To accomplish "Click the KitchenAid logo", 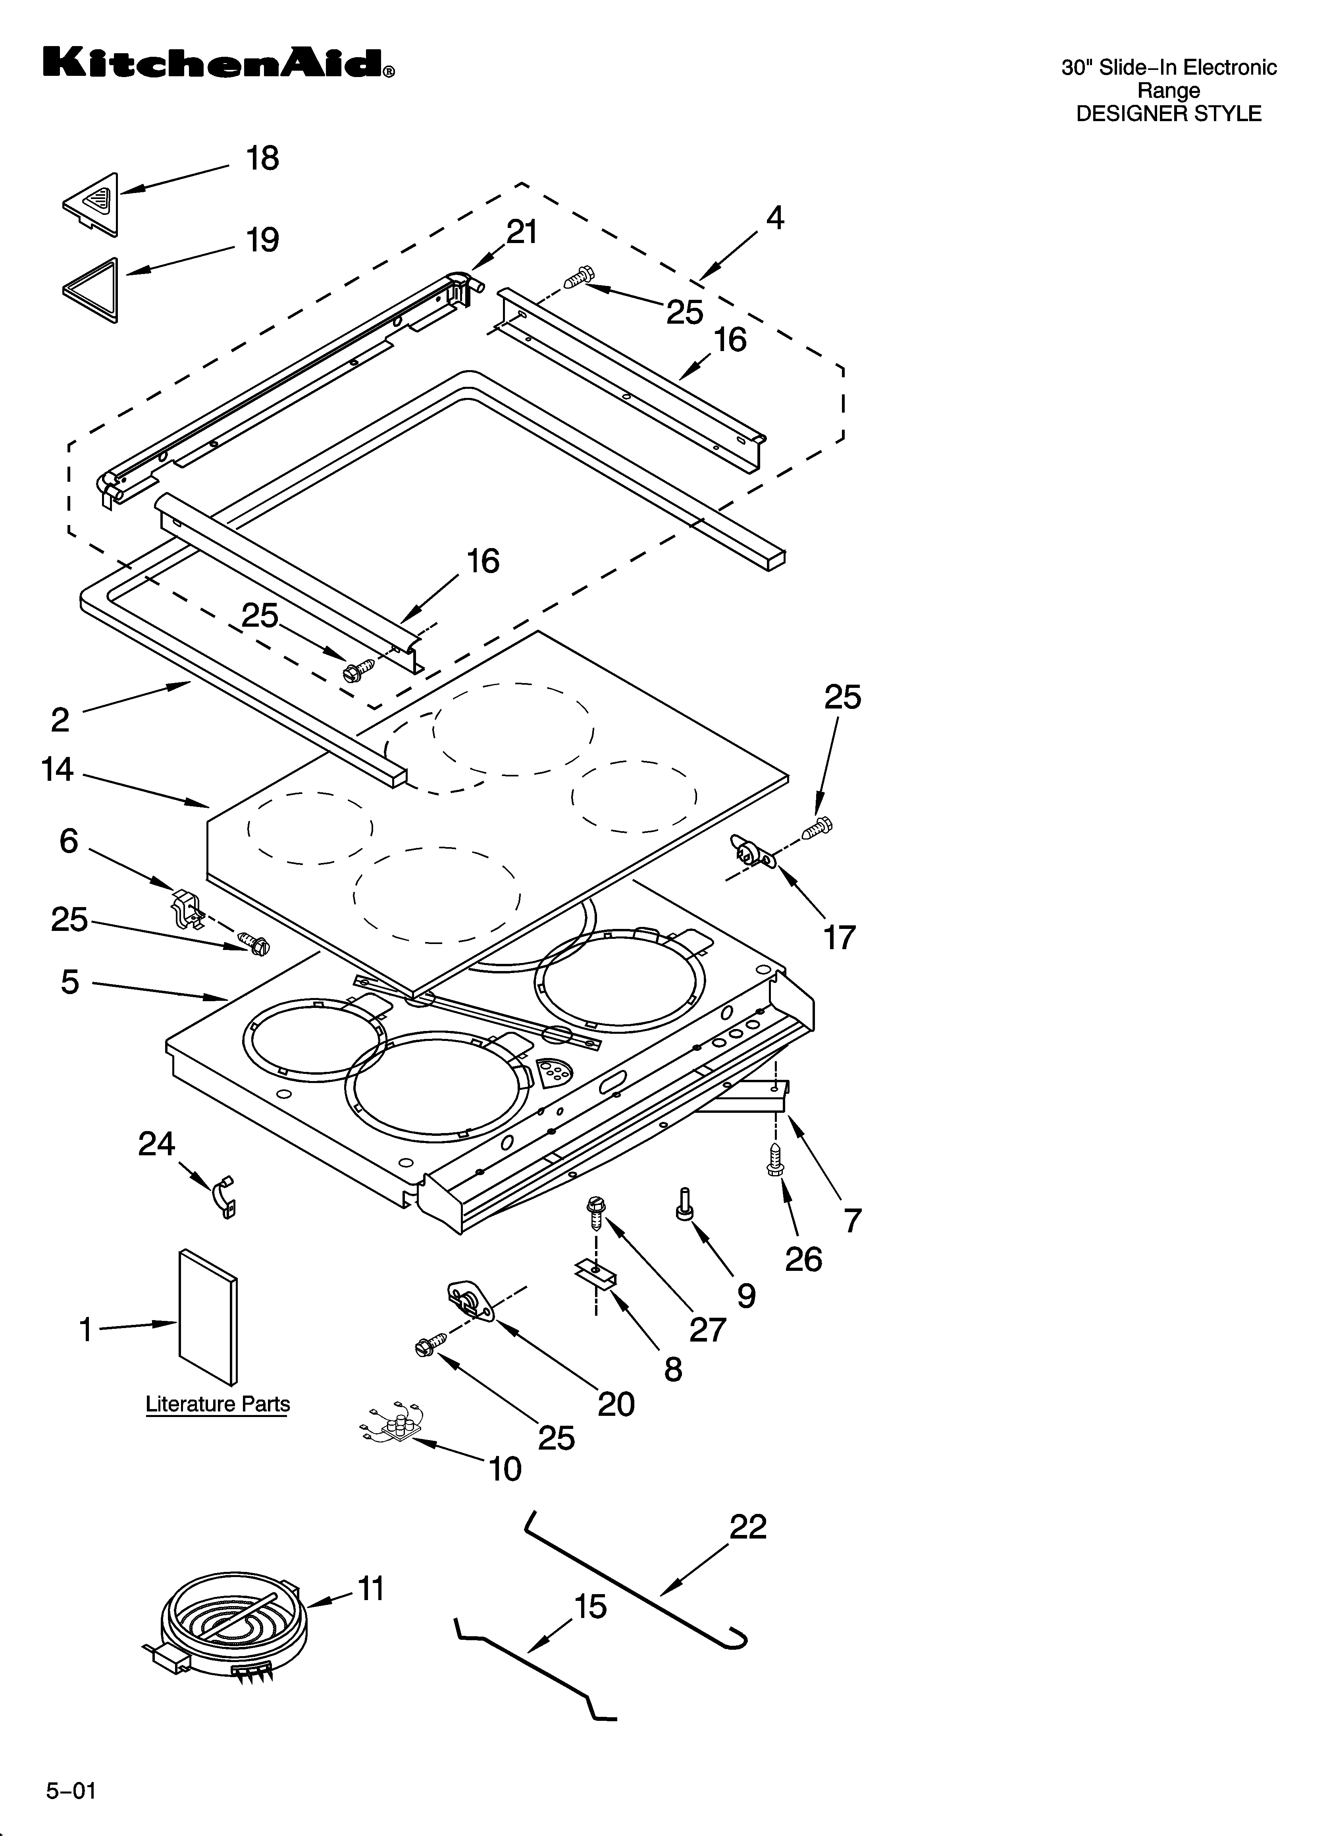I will [x=219, y=63].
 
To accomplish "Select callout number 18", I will [x=263, y=159].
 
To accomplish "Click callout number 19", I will [x=263, y=240].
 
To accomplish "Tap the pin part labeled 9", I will [x=684, y=1204].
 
